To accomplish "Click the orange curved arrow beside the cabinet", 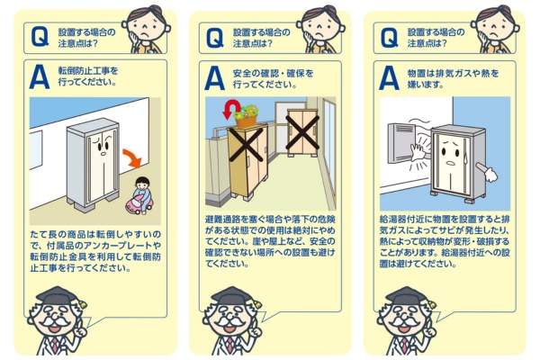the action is pyautogui.click(x=133, y=157).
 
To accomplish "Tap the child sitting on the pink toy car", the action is pyautogui.click(x=142, y=193).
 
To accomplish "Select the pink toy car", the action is pyautogui.click(x=139, y=204).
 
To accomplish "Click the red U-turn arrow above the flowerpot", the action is pyautogui.click(x=231, y=108).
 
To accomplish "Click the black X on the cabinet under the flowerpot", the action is pyautogui.click(x=247, y=145).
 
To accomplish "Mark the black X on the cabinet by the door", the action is pyautogui.click(x=302, y=132).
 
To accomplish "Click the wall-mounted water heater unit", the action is pyautogui.click(x=402, y=143).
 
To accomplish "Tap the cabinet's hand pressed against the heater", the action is pyautogui.click(x=418, y=152).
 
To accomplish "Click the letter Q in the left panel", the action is pyautogui.click(x=40, y=37).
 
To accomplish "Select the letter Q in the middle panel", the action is pyautogui.click(x=215, y=38).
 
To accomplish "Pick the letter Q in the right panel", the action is pyautogui.click(x=390, y=38).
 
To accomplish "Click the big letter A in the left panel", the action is pyautogui.click(x=40, y=78).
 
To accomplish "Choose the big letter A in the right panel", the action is pyautogui.click(x=389, y=78).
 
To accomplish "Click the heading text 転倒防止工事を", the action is pyautogui.click(x=88, y=71).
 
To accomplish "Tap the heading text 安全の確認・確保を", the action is pyautogui.click(x=273, y=74).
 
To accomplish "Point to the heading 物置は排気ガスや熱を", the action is pyautogui.click(x=454, y=74).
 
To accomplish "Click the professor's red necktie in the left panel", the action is pyautogui.click(x=55, y=346).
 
